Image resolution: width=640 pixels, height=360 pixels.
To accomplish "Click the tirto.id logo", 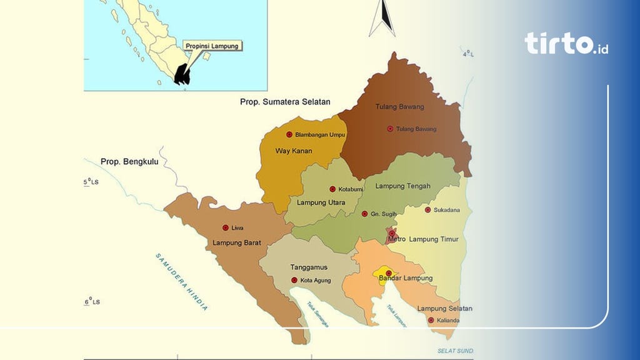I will (566, 43).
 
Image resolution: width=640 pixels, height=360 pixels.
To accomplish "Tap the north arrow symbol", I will (382, 19).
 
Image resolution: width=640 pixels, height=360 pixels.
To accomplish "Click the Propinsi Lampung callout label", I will (212, 46).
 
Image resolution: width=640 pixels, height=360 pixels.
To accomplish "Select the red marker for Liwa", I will (226, 227).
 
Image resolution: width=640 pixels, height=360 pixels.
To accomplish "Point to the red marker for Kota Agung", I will (294, 280).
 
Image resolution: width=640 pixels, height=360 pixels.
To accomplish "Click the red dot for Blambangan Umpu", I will (289, 134).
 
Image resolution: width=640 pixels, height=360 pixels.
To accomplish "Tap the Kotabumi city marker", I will (332, 189).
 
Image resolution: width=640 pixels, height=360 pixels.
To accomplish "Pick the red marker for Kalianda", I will (431, 321).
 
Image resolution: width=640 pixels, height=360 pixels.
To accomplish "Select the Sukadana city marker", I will (428, 210).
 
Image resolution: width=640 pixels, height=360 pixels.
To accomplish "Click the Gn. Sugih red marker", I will (365, 214).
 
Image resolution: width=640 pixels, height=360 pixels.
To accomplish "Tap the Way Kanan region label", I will (294, 151).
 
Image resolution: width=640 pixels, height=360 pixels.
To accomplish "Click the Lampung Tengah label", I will (402, 186).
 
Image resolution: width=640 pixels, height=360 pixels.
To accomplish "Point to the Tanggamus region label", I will (309, 267).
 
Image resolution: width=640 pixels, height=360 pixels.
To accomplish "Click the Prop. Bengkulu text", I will (129, 162).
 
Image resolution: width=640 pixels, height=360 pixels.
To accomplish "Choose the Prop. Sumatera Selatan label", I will (285, 101).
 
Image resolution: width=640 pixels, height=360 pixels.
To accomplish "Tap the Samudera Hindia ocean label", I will (182, 282).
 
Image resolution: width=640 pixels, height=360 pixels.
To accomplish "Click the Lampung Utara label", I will (321, 202).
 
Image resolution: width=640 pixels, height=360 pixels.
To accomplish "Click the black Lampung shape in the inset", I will (182, 74).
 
